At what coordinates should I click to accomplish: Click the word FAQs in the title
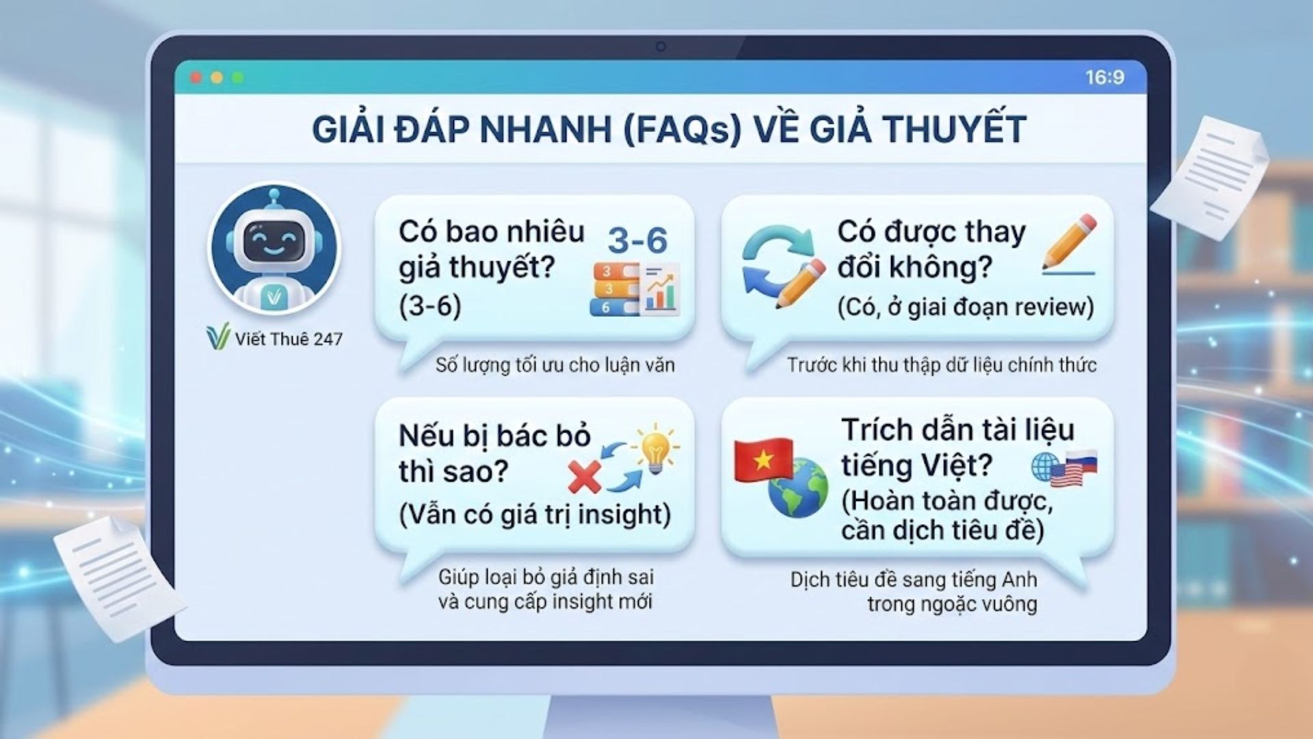click(x=682, y=129)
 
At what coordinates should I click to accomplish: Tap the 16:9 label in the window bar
click(x=1104, y=77)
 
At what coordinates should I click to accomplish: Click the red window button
click(x=196, y=77)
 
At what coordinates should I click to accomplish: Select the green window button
click(x=238, y=77)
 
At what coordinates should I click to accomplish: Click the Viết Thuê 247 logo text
click(x=289, y=339)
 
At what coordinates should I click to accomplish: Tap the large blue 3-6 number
click(x=637, y=240)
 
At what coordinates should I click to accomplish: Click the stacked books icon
click(x=615, y=289)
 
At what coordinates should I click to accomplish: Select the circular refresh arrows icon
click(x=778, y=261)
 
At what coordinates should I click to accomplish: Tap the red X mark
click(x=584, y=476)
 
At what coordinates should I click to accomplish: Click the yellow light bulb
click(x=654, y=448)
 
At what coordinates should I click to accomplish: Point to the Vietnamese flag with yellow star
click(x=762, y=459)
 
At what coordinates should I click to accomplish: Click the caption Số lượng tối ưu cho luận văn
click(x=555, y=365)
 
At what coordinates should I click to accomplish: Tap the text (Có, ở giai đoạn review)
click(x=966, y=307)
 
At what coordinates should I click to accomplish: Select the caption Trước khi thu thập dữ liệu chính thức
click(x=942, y=365)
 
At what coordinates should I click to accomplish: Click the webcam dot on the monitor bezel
click(x=661, y=47)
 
